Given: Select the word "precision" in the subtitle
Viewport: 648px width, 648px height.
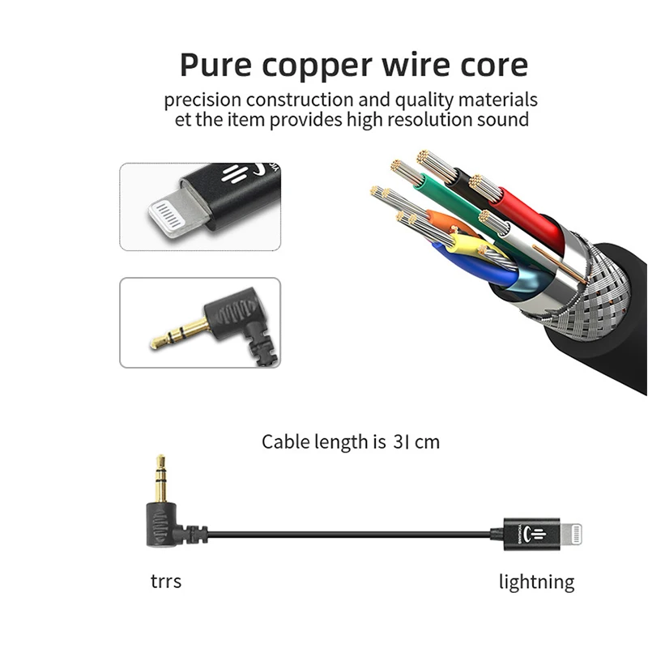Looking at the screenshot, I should pyautogui.click(x=202, y=100).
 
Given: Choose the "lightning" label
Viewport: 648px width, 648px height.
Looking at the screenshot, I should pyautogui.click(x=536, y=582).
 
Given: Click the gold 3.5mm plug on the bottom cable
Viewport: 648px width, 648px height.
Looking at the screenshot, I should pyautogui.click(x=160, y=479).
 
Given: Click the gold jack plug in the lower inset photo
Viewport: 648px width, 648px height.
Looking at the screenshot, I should pyautogui.click(x=179, y=333).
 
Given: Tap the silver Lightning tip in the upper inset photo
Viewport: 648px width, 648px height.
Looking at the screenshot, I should pyautogui.click(x=171, y=215).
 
